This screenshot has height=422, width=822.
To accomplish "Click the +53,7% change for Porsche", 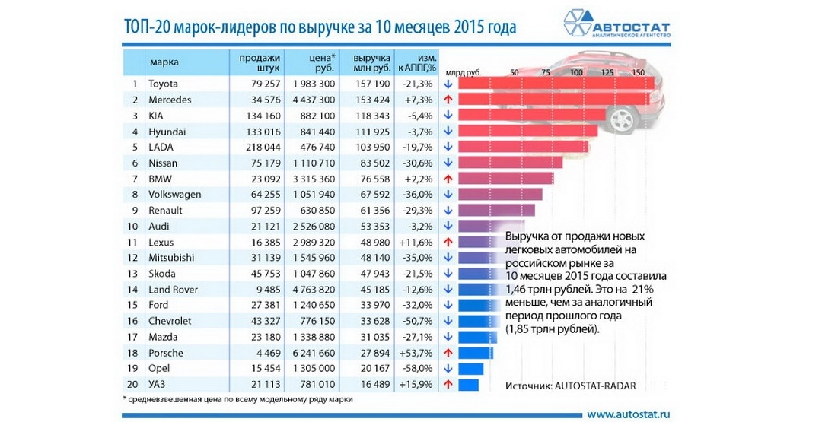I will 421,352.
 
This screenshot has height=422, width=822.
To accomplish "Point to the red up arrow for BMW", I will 448,179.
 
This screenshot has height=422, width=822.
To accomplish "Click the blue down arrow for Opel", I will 448,368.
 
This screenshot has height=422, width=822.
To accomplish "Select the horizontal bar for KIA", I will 531,115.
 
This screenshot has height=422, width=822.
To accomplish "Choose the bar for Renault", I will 496,210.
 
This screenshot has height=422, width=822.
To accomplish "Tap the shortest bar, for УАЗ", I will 468,384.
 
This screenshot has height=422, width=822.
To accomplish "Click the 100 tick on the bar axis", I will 576,72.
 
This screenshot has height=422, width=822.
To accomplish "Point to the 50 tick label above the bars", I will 515,72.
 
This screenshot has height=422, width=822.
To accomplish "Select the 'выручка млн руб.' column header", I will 372,62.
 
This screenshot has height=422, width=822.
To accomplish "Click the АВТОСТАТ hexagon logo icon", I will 578,24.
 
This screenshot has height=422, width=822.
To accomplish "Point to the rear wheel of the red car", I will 623,120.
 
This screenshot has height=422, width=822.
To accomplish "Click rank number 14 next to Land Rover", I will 135,289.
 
